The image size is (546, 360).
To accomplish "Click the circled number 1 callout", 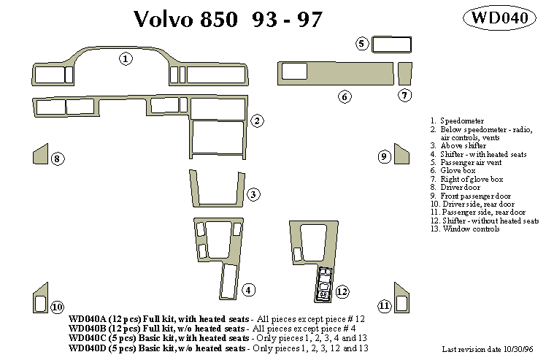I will [x=126, y=59].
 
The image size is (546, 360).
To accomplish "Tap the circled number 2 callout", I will [x=257, y=120].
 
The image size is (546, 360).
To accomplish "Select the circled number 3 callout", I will [x=253, y=194].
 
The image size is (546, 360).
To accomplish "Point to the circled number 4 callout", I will [x=249, y=290].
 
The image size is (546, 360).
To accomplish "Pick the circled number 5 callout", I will [x=362, y=44].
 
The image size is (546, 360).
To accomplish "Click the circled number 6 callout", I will [x=345, y=96].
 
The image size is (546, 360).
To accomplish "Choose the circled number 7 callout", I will [x=405, y=95].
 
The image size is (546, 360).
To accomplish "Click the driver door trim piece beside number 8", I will [x=39, y=155].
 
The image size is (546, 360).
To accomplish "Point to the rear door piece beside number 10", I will [x=39, y=298].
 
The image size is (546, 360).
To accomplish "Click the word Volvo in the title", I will [x=166, y=20].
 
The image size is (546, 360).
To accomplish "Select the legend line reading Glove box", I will [x=458, y=170].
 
